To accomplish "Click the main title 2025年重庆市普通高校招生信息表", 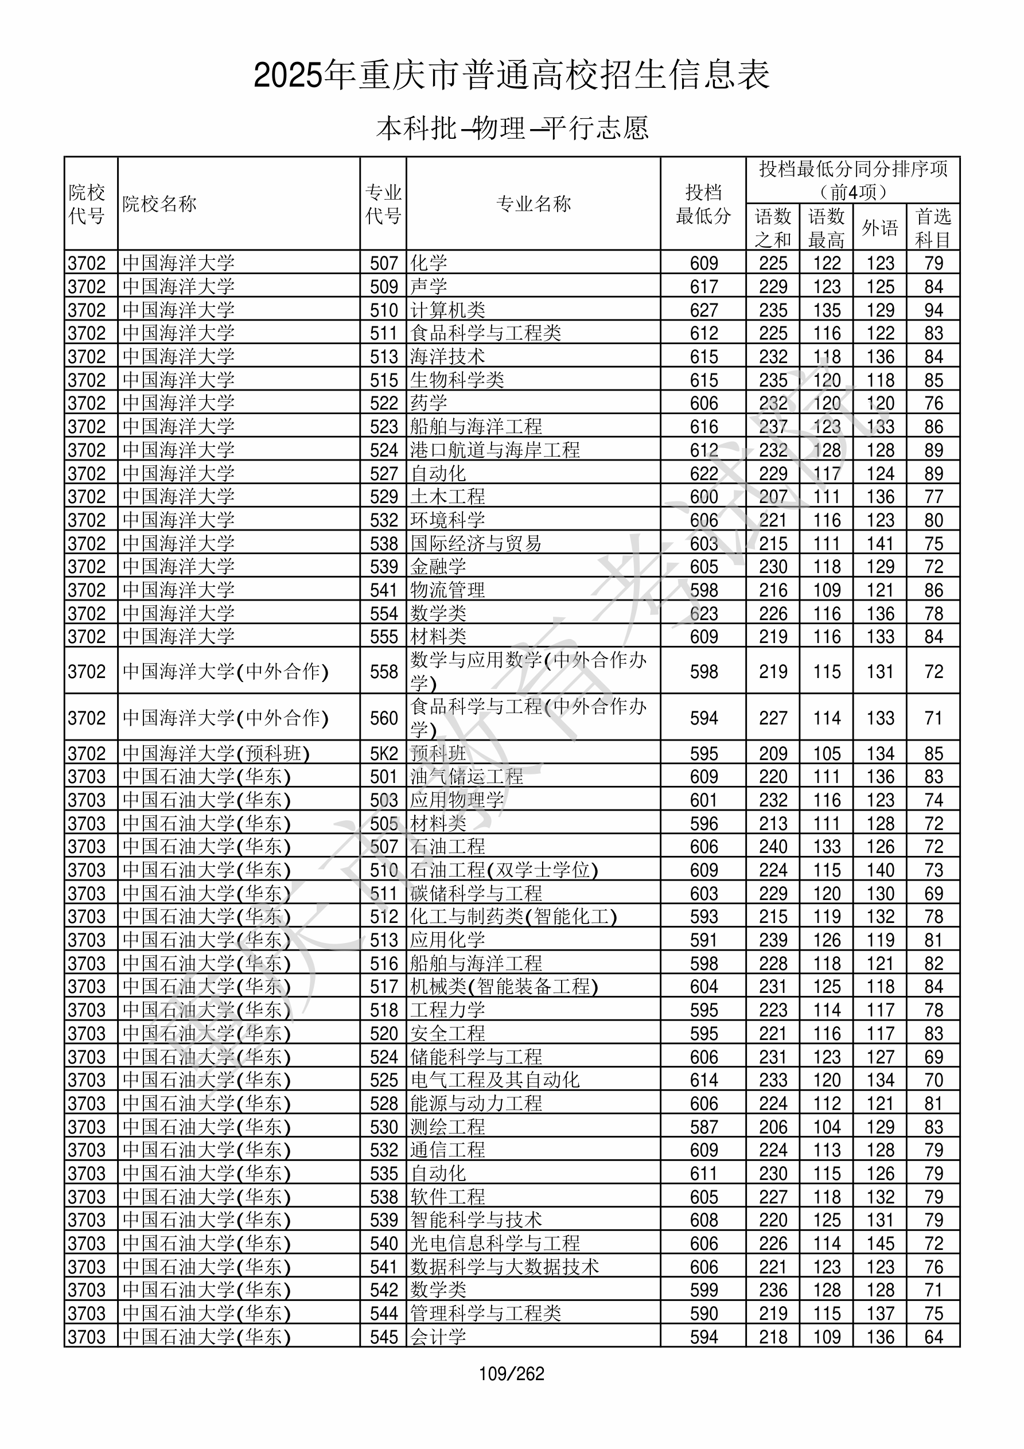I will (511, 75).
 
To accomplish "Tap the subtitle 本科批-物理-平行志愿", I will (511, 128).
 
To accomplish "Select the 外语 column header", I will (879, 228).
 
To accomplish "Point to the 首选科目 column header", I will (933, 228).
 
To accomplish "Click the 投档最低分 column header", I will (703, 204).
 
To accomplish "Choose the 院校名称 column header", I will (159, 204).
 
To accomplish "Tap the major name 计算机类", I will (447, 310).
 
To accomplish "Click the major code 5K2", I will (384, 754).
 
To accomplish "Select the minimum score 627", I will (703, 310).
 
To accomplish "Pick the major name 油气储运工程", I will (466, 777).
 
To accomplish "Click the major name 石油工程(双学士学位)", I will (504, 870).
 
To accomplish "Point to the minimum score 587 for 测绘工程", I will (703, 1127).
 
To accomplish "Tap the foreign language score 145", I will (880, 1244).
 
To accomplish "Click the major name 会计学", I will (438, 1337).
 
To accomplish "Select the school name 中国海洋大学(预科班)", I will (216, 754).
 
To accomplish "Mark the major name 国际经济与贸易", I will (476, 543).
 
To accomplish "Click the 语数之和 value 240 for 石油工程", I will (773, 847).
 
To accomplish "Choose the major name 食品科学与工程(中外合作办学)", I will (529, 718).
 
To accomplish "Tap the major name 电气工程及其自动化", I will (495, 1080).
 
